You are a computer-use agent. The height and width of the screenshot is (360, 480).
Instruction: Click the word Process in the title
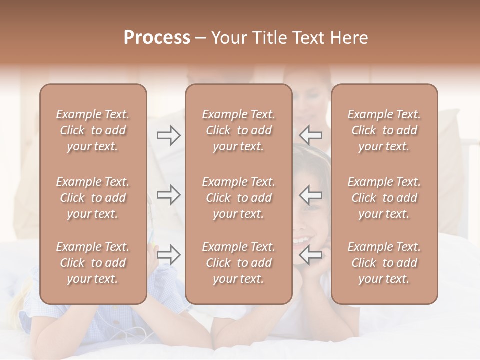point(157,38)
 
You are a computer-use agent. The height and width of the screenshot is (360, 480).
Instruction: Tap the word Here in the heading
point(349,38)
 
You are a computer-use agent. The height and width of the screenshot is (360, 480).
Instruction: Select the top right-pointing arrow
point(168,135)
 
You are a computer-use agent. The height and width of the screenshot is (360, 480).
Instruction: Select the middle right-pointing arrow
point(168,195)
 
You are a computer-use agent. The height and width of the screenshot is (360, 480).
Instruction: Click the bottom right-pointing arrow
point(168,255)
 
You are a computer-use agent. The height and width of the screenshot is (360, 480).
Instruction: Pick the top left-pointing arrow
point(311,135)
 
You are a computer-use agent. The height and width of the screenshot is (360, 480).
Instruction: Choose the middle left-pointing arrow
point(311,195)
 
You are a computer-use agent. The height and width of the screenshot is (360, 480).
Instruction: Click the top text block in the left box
point(93,130)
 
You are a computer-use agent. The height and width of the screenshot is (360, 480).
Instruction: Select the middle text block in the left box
point(93,198)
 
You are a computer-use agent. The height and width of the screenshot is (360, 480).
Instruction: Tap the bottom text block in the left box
point(93,263)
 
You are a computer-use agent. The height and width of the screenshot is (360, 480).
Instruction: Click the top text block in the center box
point(239,130)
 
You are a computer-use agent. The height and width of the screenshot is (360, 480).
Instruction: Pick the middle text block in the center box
point(239,198)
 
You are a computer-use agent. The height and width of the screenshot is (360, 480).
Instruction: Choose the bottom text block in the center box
point(239,263)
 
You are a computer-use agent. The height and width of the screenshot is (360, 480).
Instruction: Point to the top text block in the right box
point(384,130)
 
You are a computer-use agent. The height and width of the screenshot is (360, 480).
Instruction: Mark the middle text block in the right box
point(384,198)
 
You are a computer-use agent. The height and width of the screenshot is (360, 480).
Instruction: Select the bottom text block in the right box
point(384,263)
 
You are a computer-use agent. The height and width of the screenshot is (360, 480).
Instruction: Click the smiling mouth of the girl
point(301,240)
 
